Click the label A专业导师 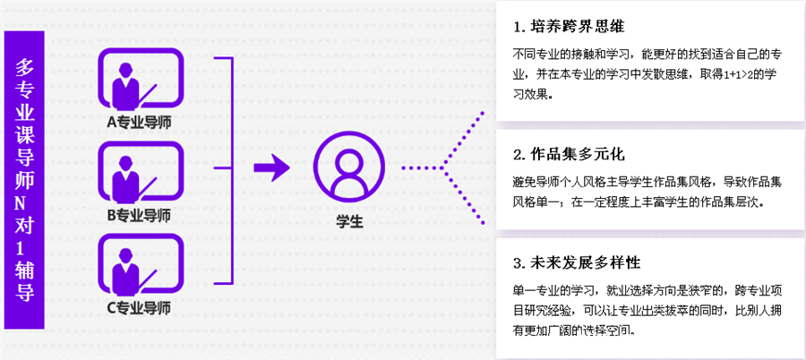pyautogui.click(x=139, y=121)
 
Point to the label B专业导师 pyautogui.click(x=139, y=215)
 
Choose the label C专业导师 pyautogui.click(x=139, y=308)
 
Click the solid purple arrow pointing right pyautogui.click(x=270, y=167)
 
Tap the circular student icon pyautogui.click(x=348, y=167)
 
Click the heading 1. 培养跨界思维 pyautogui.click(x=570, y=24)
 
